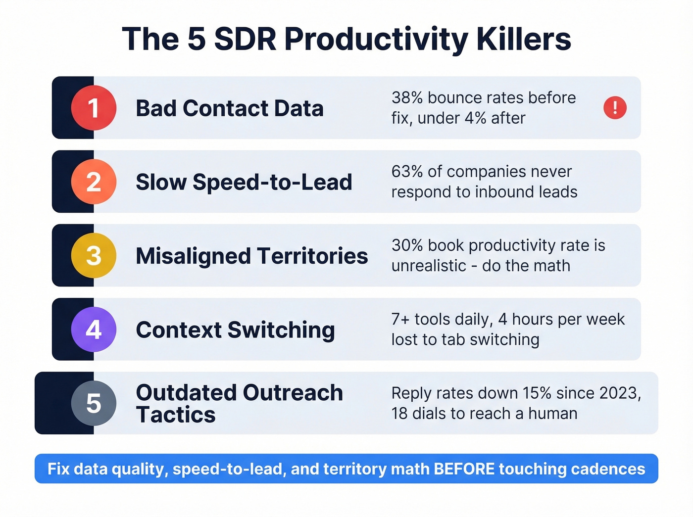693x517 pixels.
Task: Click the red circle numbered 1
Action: [94, 108]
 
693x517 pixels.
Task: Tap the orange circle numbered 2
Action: [94, 182]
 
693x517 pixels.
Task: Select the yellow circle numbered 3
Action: [94, 255]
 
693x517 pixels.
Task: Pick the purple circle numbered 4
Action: [94, 329]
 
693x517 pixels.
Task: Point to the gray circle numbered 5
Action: [94, 403]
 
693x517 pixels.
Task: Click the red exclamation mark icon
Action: [615, 107]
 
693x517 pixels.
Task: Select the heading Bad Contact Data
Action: [229, 108]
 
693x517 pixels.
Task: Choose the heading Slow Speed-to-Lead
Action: [244, 182]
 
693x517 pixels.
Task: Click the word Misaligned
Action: [193, 256]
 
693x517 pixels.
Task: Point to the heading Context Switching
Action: [235, 330]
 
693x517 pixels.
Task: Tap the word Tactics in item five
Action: [176, 415]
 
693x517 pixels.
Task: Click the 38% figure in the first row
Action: [407, 97]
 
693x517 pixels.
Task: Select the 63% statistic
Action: [407, 171]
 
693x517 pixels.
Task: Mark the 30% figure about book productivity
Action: [407, 245]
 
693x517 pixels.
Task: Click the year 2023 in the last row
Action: [618, 393]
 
